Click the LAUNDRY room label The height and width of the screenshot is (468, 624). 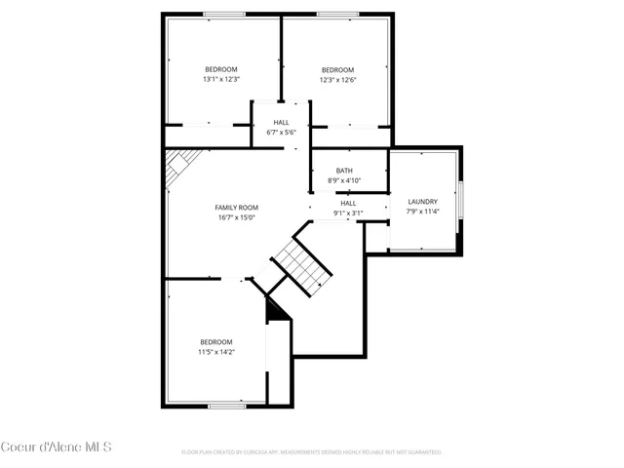[x=422, y=202]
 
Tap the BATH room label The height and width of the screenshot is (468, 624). [x=344, y=171]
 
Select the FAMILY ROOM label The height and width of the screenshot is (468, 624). [x=236, y=208]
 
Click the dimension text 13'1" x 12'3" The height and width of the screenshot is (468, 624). [x=221, y=80]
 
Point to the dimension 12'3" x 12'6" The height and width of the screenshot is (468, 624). [x=337, y=80]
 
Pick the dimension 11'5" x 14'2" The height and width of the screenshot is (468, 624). [x=216, y=352]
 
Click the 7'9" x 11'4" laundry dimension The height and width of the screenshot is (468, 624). [x=422, y=212]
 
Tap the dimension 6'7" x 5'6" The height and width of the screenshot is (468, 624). [x=281, y=132]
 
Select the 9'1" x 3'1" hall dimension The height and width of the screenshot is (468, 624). [x=348, y=213]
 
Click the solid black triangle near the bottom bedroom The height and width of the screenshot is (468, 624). [x=276, y=308]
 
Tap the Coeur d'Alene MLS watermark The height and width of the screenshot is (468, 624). [x=57, y=448]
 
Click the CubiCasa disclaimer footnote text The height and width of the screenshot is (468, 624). [x=312, y=452]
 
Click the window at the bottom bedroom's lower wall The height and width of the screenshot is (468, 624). [x=226, y=405]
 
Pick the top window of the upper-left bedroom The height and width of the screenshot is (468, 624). [x=224, y=14]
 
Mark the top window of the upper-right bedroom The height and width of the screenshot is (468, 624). [x=336, y=14]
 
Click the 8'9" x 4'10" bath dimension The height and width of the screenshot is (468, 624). [x=344, y=181]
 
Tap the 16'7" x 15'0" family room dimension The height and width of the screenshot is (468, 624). [x=236, y=217]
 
